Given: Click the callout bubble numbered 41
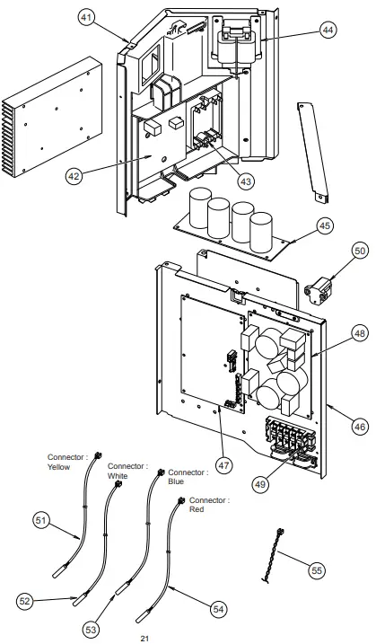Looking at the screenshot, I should (x=85, y=18).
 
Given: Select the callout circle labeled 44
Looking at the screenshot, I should (x=328, y=31).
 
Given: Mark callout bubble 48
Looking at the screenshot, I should (x=335, y=333).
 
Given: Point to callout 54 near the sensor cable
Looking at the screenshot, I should (x=218, y=608).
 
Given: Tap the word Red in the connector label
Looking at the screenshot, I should (x=197, y=509).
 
